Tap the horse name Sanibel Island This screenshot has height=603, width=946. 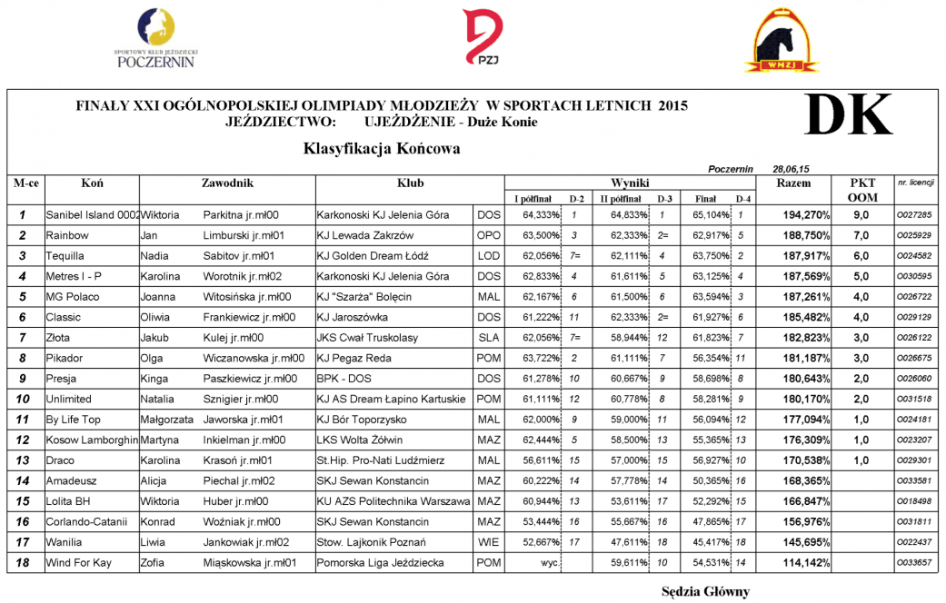92,215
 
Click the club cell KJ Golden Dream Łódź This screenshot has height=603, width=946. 372,256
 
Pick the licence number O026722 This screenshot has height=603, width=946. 914,297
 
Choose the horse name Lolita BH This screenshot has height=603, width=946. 71,501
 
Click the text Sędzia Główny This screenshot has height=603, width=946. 705,592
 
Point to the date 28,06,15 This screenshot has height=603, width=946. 791,169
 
